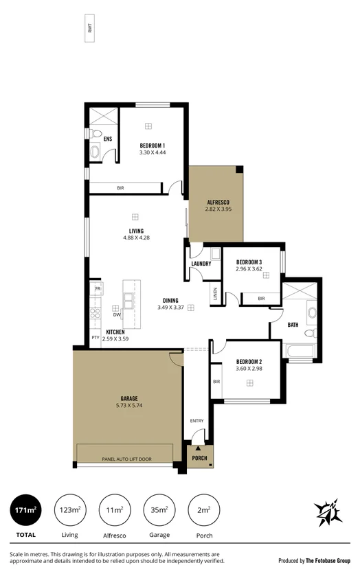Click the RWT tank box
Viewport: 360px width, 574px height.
89,28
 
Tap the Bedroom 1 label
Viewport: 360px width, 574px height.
153,145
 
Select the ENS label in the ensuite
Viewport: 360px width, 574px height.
108,139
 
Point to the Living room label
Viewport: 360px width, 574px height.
136,231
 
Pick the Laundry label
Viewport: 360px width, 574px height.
201,264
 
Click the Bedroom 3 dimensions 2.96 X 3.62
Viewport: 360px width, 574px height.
249,269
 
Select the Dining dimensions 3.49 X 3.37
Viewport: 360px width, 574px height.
171,307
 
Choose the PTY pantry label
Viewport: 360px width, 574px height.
95,338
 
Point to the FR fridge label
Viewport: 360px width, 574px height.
98,289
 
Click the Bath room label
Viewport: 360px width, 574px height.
293,325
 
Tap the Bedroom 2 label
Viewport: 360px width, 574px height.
249,361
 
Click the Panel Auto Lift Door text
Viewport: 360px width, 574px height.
127,458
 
